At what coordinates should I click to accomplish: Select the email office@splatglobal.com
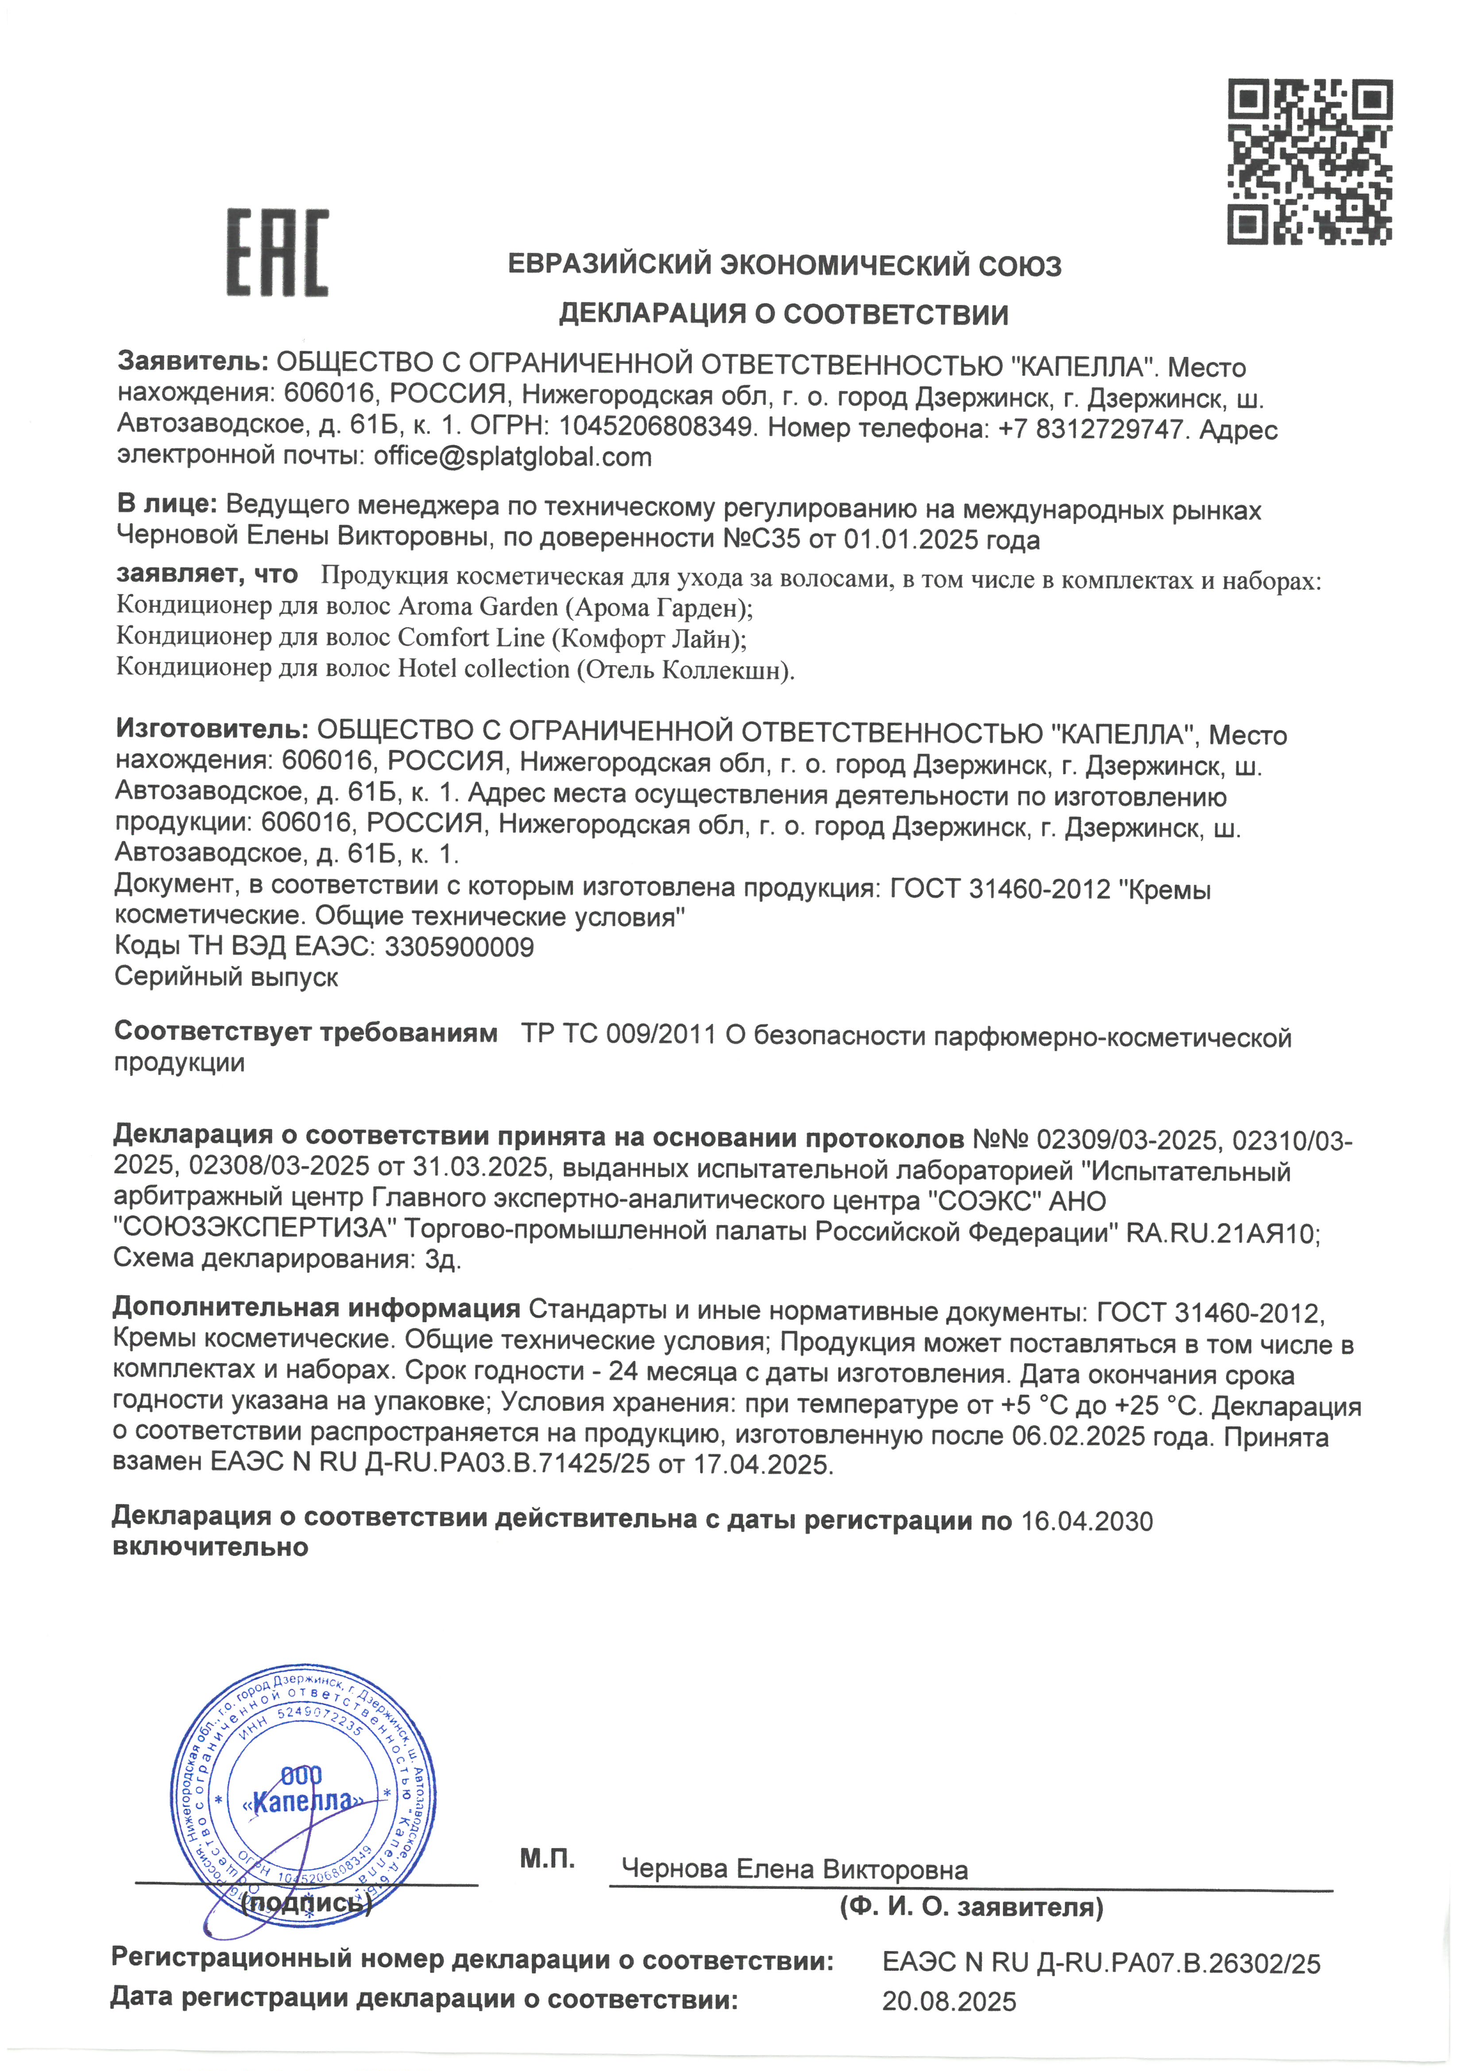pyautogui.click(x=512, y=457)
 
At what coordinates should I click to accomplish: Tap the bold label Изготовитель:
pyautogui.click(x=213, y=731)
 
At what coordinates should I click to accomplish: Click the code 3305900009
pyautogui.click(x=459, y=947)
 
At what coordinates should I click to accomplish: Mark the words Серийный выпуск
pyautogui.click(x=226, y=977)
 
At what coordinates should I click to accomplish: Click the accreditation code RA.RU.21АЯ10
pyautogui.click(x=1222, y=1233)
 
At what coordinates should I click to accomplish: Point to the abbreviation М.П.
pyautogui.click(x=547, y=1859)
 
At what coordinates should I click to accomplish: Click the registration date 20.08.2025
pyautogui.click(x=949, y=2001)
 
